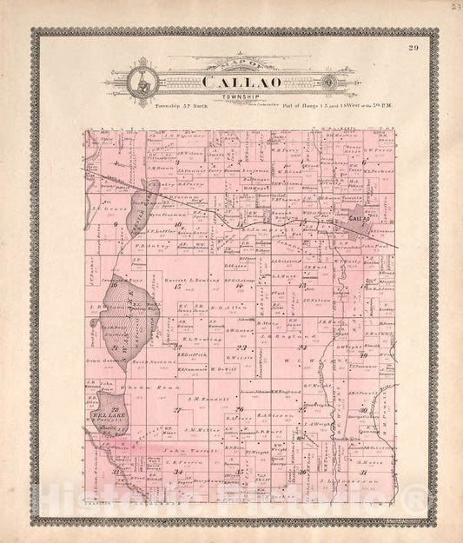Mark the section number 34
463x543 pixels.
click(180, 472)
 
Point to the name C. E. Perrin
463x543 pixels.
click(176, 464)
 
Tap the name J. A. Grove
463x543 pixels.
click(105, 209)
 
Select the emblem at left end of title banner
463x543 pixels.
click(139, 84)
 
